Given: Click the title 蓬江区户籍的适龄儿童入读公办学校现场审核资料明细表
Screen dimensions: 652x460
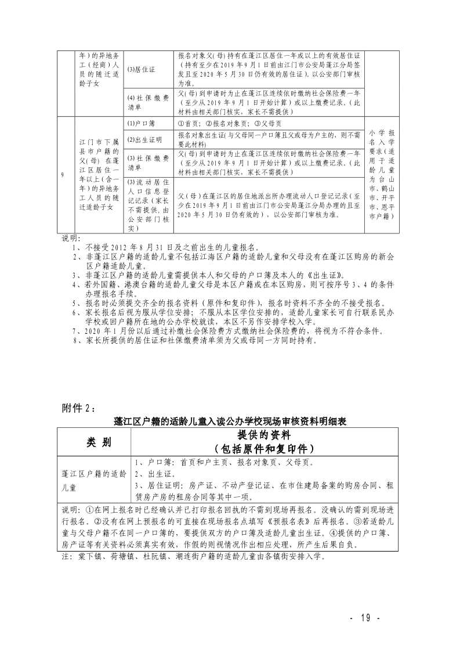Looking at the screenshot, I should click(x=230, y=420).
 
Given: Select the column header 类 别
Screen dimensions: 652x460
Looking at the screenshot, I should click(x=95, y=442).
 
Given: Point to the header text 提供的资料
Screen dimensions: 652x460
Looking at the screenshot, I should click(x=263, y=435).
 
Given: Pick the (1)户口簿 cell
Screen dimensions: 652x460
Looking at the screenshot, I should click(x=140, y=124).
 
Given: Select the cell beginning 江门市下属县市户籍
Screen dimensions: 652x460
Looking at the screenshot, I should click(x=99, y=175).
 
